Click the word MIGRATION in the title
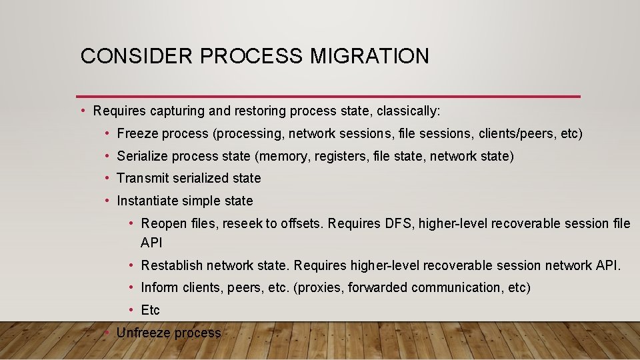(369, 56)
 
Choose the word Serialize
(142, 156)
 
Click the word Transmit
(142, 178)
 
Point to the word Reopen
(163, 223)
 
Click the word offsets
(299, 223)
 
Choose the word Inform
(157, 287)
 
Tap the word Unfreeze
(142, 332)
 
